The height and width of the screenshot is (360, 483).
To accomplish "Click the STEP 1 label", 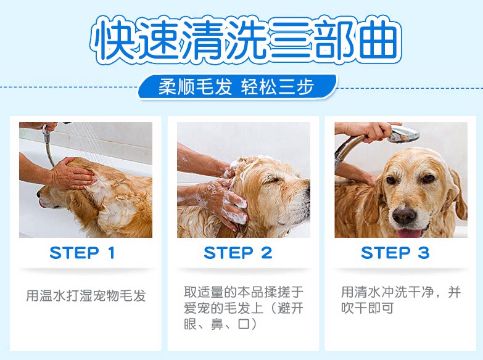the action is click(x=82, y=253).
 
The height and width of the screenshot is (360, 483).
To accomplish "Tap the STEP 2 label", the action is click(x=238, y=253).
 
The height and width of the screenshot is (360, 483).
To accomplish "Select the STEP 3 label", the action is click(x=395, y=253).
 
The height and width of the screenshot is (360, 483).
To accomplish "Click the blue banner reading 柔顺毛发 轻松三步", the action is click(x=237, y=86).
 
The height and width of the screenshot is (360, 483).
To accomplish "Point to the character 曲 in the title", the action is click(x=379, y=39).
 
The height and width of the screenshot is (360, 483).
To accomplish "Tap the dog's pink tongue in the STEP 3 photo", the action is click(x=409, y=233).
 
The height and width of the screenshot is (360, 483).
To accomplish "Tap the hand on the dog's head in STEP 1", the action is click(x=73, y=173).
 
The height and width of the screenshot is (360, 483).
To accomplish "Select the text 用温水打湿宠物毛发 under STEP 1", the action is click(x=86, y=295).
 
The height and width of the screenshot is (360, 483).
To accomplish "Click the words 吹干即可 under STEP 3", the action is click(x=367, y=308).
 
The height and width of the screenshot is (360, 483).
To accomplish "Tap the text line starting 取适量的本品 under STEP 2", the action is click(x=244, y=292).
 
